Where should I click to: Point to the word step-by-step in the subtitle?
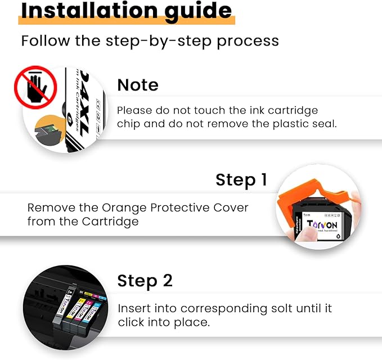click(145, 41)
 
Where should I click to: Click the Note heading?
click(138, 85)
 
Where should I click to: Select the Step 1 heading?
click(241, 180)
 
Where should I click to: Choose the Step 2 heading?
click(145, 281)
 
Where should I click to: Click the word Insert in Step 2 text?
click(133, 309)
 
